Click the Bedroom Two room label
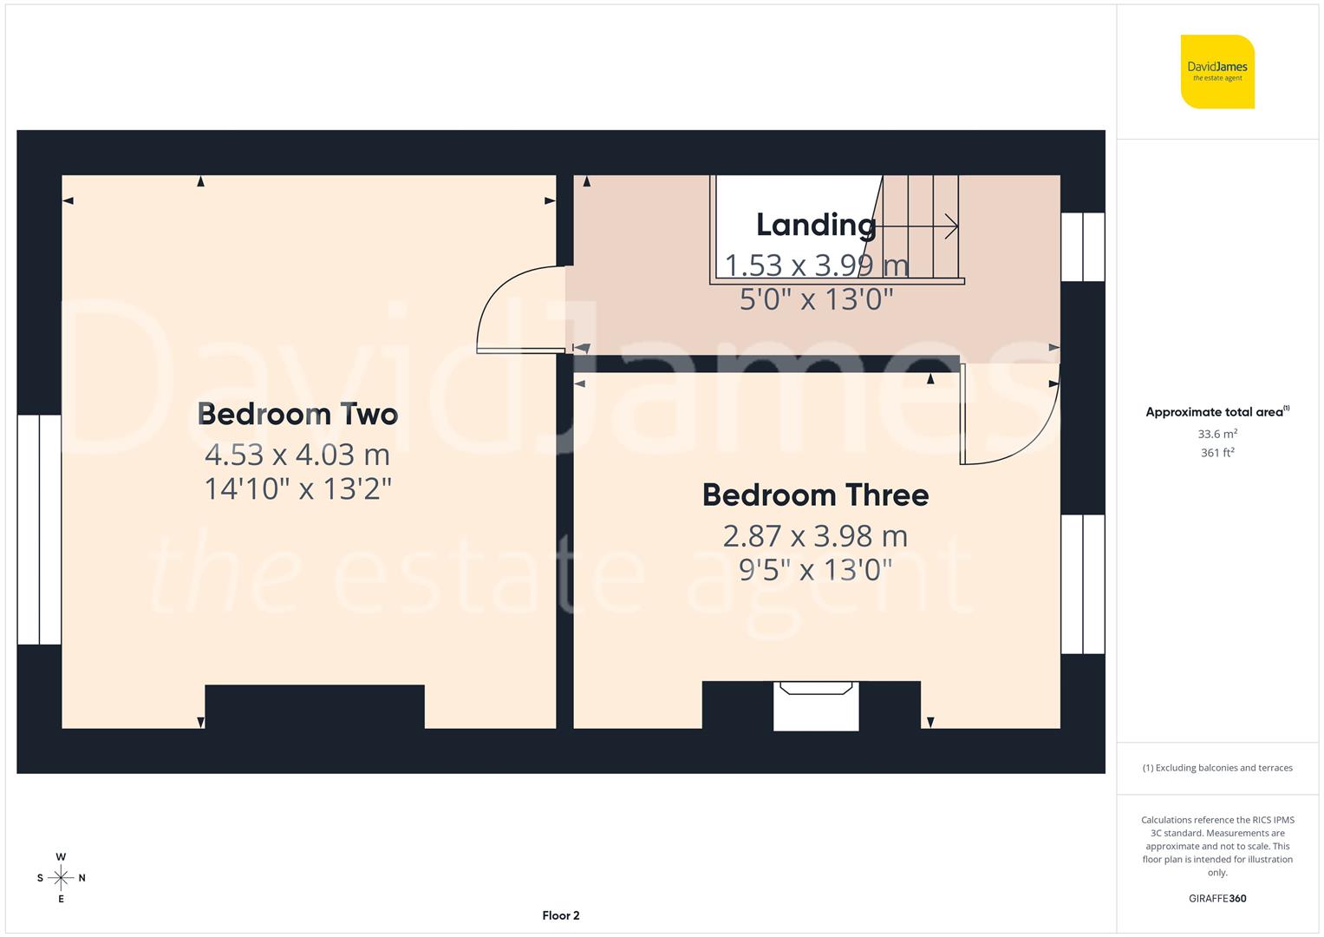(x=297, y=414)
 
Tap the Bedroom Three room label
(x=815, y=495)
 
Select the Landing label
(x=816, y=225)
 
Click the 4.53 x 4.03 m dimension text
(x=297, y=454)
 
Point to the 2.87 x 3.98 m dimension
(x=815, y=535)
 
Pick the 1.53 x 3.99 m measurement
(x=816, y=264)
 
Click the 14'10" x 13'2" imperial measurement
(x=297, y=488)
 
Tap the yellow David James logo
(x=1217, y=72)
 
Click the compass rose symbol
(x=61, y=878)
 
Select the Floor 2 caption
(x=560, y=915)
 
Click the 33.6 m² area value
(x=1217, y=434)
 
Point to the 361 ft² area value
(x=1217, y=453)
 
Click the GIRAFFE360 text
(x=1217, y=898)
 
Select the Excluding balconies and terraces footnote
(x=1217, y=768)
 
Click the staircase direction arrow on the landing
(x=919, y=227)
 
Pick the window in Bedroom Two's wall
(x=39, y=529)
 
